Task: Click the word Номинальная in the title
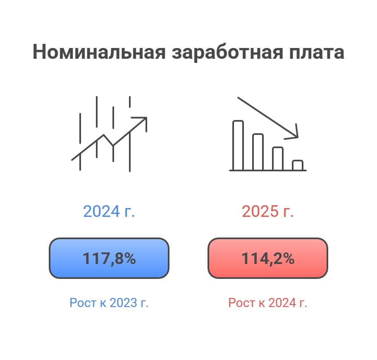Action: click(x=99, y=52)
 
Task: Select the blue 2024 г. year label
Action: click(x=109, y=211)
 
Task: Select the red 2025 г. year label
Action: click(x=267, y=211)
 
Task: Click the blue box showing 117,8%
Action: click(x=109, y=258)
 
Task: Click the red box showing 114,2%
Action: click(x=268, y=258)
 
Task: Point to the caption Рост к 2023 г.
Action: click(x=109, y=302)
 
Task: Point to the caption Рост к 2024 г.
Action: click(x=267, y=302)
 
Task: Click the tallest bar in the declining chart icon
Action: click(x=238, y=145)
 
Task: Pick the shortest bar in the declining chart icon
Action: click(x=298, y=165)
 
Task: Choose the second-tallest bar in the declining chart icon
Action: click(x=258, y=152)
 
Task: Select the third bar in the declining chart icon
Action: click(x=278, y=158)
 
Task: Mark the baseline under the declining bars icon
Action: click(x=268, y=170)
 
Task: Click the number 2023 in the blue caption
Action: click(x=123, y=302)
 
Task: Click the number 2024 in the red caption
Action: click(x=282, y=302)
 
